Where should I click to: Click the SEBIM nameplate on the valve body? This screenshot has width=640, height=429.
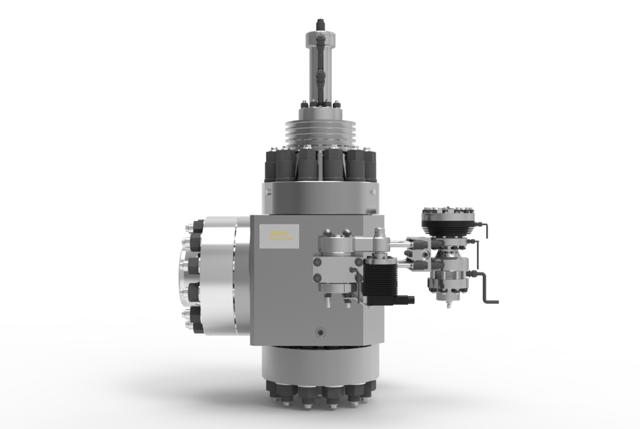click(x=279, y=235)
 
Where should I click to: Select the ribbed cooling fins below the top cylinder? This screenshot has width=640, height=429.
click(x=319, y=133)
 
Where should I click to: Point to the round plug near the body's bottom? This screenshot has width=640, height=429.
click(x=319, y=331)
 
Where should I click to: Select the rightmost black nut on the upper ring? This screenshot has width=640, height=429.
click(x=369, y=166)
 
